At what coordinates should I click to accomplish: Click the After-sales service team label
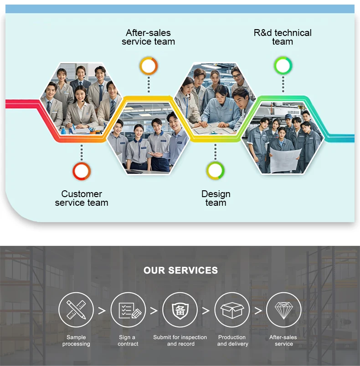(148, 37)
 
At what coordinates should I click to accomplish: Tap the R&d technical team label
(283, 37)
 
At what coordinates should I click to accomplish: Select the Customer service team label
(82, 198)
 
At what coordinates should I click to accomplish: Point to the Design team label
(216, 198)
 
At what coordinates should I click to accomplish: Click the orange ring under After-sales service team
(149, 66)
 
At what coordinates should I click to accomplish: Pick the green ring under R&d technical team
(283, 66)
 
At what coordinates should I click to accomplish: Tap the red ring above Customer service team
(82, 171)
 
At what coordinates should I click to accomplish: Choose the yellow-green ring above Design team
(216, 170)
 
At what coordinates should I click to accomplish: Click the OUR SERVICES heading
(180, 270)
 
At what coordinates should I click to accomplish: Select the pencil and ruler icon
(76, 310)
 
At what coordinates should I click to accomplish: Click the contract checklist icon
(128, 310)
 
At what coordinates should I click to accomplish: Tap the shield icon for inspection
(180, 310)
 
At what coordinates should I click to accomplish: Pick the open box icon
(232, 310)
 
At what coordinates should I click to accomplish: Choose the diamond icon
(283, 310)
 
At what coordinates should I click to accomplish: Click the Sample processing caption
(76, 341)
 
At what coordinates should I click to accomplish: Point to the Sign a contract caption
(128, 341)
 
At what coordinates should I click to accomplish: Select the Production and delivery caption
(232, 341)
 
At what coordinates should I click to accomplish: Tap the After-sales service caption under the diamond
(283, 341)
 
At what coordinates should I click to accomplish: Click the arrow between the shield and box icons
(206, 310)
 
